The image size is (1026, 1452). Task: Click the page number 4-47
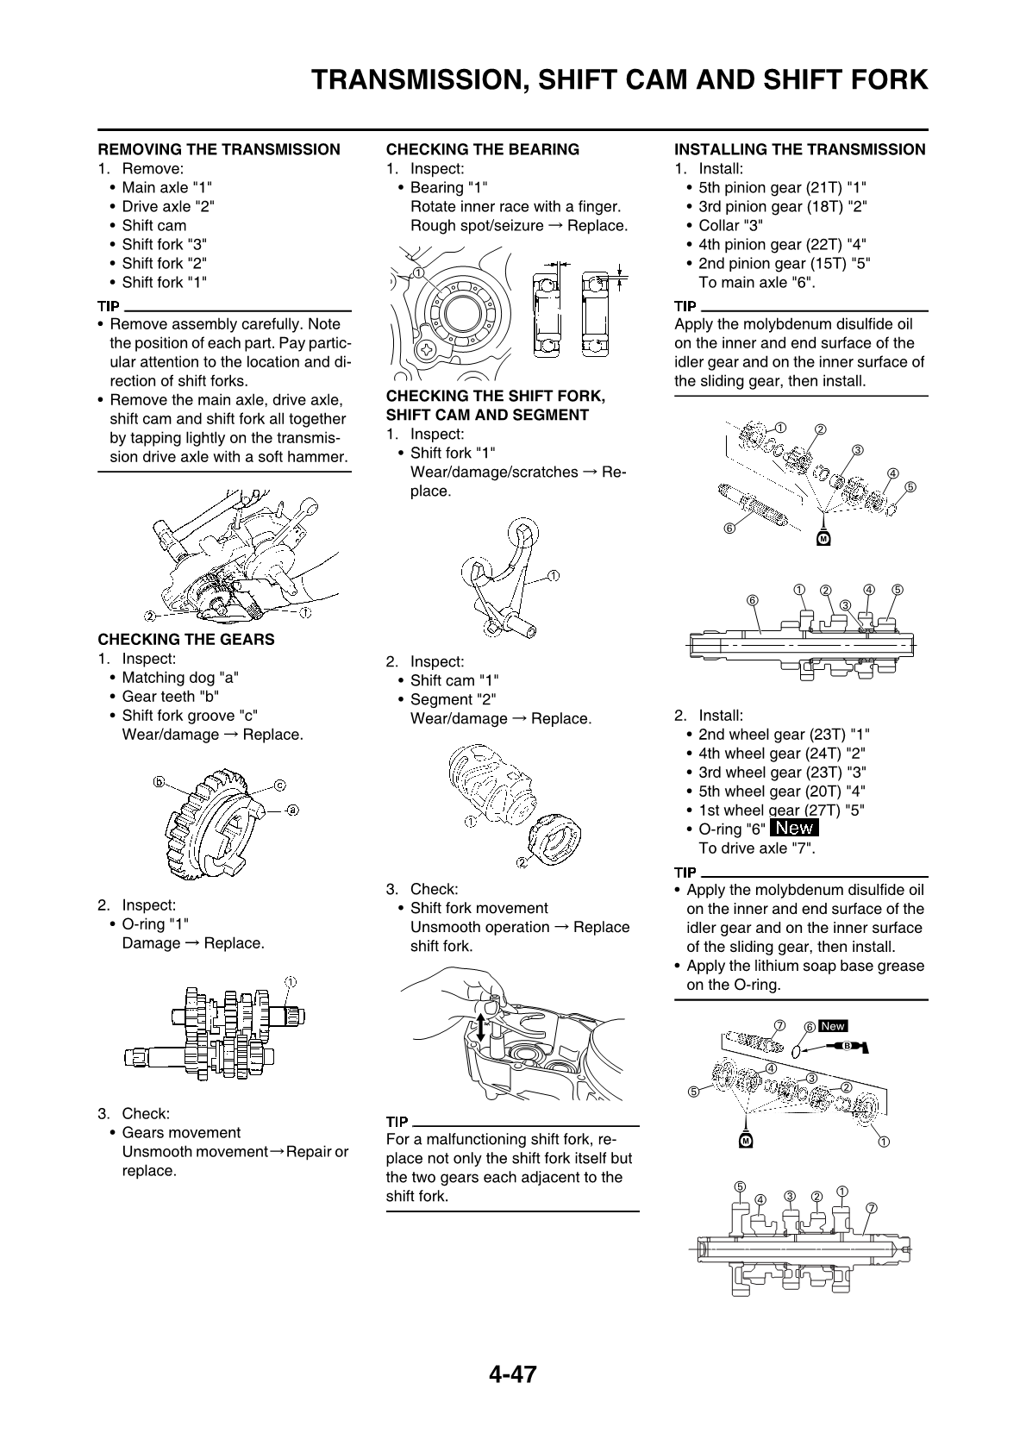512,1374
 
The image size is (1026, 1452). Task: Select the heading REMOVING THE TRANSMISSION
219,149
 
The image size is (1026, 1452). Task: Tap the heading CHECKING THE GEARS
186,639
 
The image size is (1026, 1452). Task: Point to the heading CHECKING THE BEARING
483,149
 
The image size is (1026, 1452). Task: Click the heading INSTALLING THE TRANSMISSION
800,149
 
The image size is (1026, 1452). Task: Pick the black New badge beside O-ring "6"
794,828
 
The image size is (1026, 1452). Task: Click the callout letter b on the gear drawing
159,783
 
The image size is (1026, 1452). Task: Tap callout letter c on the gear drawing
280,785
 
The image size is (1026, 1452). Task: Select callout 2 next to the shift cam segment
522,861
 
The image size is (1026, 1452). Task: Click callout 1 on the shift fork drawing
553,575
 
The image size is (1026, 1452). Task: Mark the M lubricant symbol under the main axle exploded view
823,539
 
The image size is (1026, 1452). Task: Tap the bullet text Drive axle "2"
167,206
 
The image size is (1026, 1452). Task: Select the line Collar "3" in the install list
731,225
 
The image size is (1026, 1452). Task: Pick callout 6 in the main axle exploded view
729,528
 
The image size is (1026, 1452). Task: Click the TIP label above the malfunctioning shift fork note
397,1121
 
